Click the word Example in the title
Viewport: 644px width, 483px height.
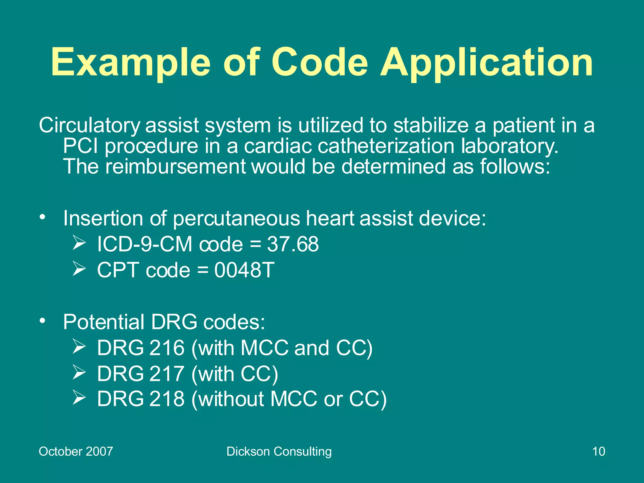(x=130, y=62)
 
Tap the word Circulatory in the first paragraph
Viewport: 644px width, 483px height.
(x=90, y=125)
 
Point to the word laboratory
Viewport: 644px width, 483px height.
(x=509, y=146)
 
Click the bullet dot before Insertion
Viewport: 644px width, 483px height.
(x=43, y=217)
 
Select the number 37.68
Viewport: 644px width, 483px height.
(x=292, y=244)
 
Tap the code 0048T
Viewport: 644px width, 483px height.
(x=244, y=270)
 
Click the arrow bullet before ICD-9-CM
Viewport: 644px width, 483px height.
(x=79, y=243)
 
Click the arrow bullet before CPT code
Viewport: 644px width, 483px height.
(x=79, y=269)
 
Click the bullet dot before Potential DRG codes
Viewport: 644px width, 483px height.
(x=43, y=321)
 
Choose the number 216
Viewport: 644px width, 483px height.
(x=167, y=348)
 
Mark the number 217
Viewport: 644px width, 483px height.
(x=167, y=374)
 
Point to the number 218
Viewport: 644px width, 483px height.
(x=167, y=399)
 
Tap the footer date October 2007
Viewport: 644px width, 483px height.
(x=76, y=451)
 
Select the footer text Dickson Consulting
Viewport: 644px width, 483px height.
(x=279, y=451)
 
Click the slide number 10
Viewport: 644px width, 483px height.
(x=598, y=451)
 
